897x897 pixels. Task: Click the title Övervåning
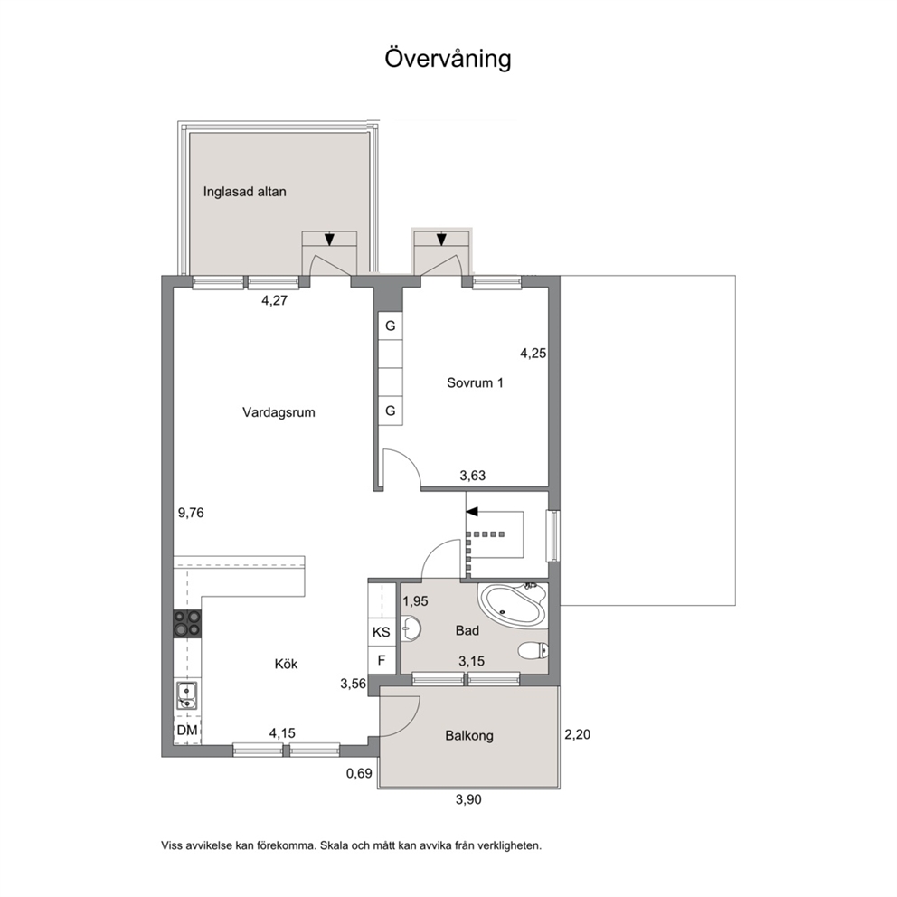pyautogui.click(x=448, y=59)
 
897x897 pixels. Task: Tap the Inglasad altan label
pyautogui.click(x=244, y=192)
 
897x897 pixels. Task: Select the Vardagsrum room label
pyautogui.click(x=279, y=412)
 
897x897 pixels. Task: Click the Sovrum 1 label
pyautogui.click(x=475, y=382)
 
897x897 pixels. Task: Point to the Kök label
pyautogui.click(x=286, y=665)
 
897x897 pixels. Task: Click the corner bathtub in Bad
pyautogui.click(x=512, y=604)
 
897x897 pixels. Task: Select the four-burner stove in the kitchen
pyautogui.click(x=188, y=624)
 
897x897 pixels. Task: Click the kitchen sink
pyautogui.click(x=186, y=695)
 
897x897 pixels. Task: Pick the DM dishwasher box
pyautogui.click(x=187, y=730)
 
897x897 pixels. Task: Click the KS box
pyautogui.click(x=381, y=632)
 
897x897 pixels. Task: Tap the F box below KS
pyautogui.click(x=382, y=661)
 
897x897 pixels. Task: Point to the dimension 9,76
pyautogui.click(x=191, y=513)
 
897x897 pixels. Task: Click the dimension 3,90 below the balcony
pyautogui.click(x=468, y=799)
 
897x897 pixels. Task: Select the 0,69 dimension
pyautogui.click(x=359, y=773)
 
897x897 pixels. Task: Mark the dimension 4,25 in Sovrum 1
pyautogui.click(x=533, y=354)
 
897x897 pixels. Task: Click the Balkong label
pyautogui.click(x=469, y=736)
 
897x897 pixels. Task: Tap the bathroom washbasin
pyautogui.click(x=411, y=628)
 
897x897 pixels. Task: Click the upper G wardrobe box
pyautogui.click(x=390, y=326)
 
